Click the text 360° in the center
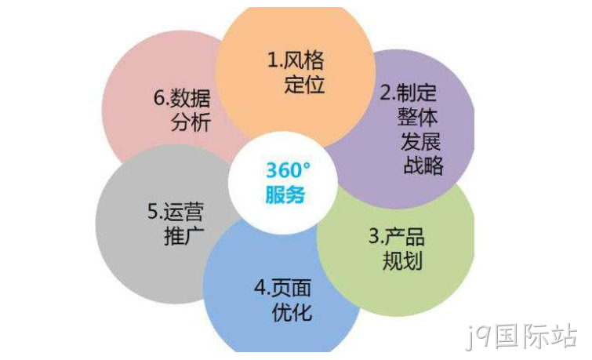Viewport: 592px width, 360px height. click(x=288, y=170)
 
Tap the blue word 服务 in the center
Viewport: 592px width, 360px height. click(x=285, y=195)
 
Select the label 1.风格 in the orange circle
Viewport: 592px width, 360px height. click(x=296, y=60)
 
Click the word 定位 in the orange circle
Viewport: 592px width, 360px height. click(x=304, y=84)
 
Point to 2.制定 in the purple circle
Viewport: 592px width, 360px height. click(x=409, y=93)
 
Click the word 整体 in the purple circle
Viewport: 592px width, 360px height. click(x=417, y=117)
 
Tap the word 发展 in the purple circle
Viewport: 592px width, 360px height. click(x=420, y=141)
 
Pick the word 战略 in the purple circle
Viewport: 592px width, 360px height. click(x=423, y=165)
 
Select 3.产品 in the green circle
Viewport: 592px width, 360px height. click(x=397, y=237)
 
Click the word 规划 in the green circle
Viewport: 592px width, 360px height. click(x=402, y=260)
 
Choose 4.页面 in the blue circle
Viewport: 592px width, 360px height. click(x=283, y=288)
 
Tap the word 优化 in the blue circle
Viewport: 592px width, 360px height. click(x=292, y=312)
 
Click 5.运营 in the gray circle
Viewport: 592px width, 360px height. click(x=176, y=212)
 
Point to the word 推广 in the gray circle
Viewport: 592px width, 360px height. click(x=184, y=236)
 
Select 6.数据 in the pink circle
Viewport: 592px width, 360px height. click(x=182, y=98)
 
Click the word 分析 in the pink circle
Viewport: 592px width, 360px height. click(x=191, y=122)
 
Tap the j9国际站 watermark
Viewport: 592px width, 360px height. click(x=521, y=336)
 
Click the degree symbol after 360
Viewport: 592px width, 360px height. click(x=307, y=165)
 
